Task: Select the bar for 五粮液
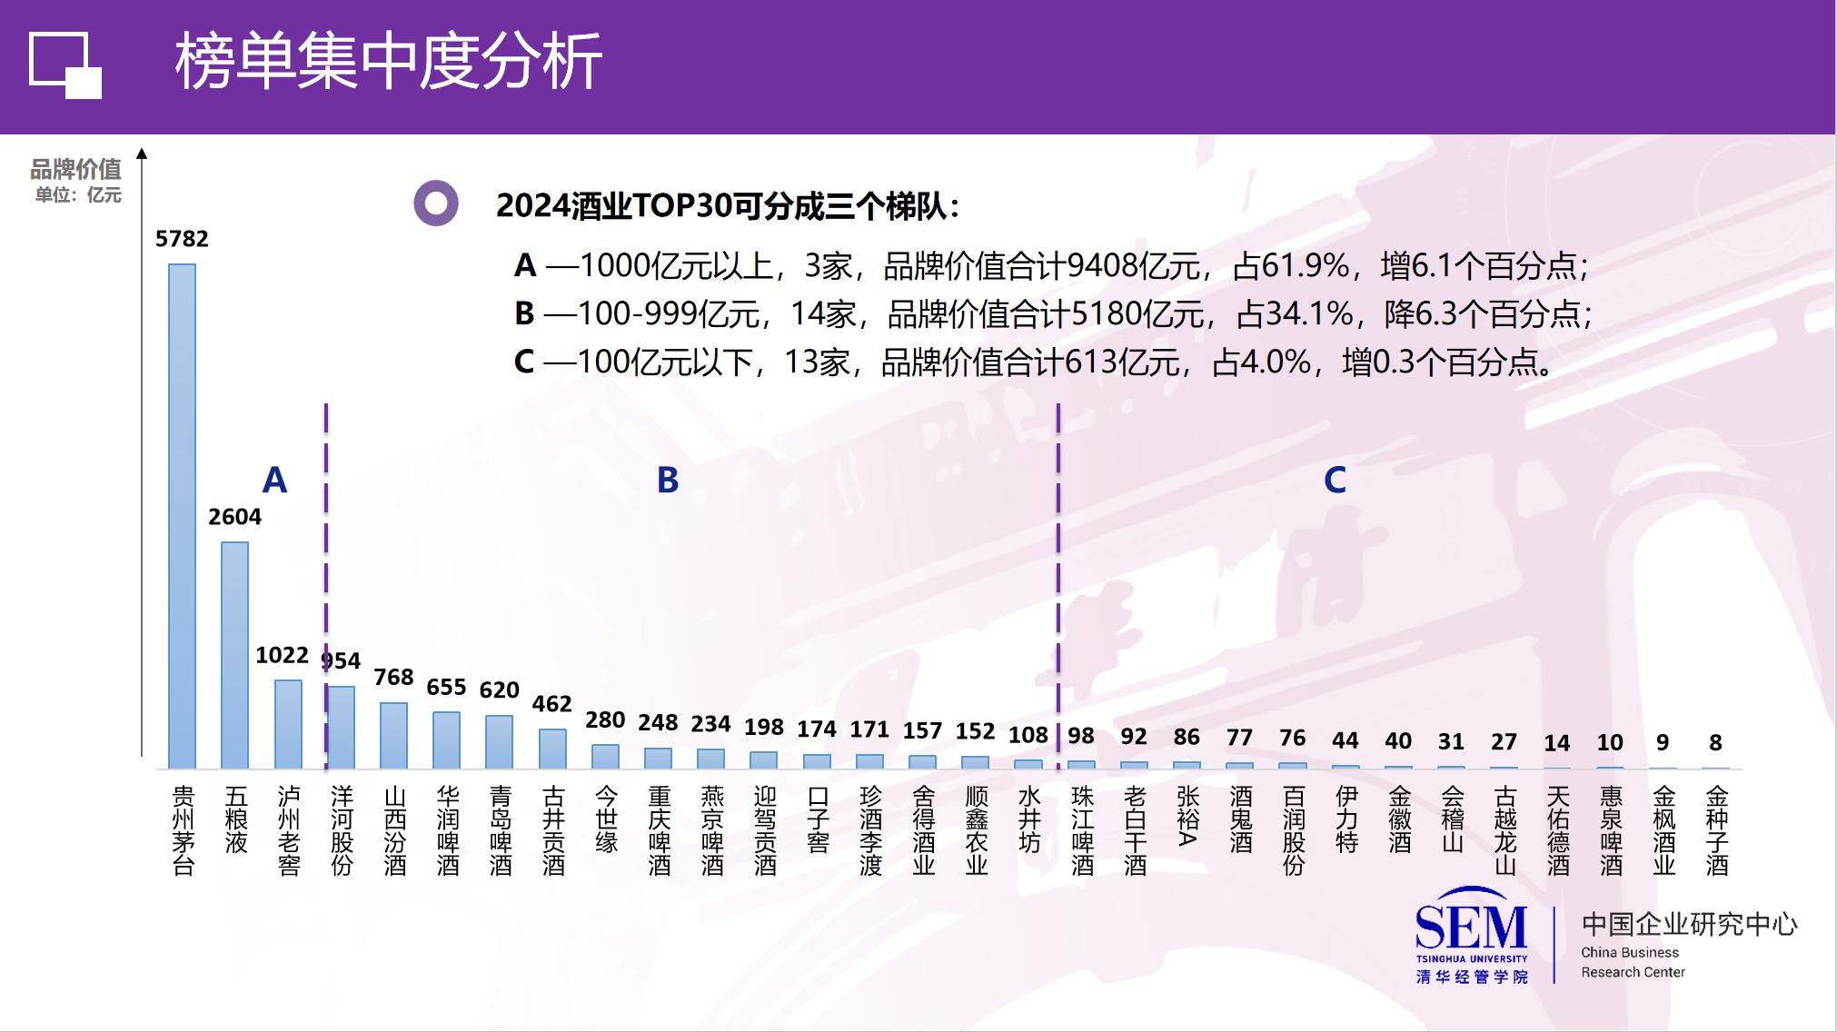click(x=234, y=655)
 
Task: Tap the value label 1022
click(x=282, y=655)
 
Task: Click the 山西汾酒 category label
click(x=394, y=830)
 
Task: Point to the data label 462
click(x=551, y=704)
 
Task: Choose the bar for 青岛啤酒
click(x=499, y=741)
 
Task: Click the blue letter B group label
click(x=668, y=480)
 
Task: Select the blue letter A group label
click(x=274, y=480)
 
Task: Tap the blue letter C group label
click(x=1335, y=480)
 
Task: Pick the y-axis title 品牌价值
click(x=75, y=169)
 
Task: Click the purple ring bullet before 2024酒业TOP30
click(x=436, y=203)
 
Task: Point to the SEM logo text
click(x=1471, y=927)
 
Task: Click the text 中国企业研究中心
click(x=1689, y=925)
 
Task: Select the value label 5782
click(x=182, y=239)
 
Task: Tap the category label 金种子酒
click(x=1716, y=830)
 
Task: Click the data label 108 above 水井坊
click(x=1028, y=734)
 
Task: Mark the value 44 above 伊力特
click(x=1345, y=740)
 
